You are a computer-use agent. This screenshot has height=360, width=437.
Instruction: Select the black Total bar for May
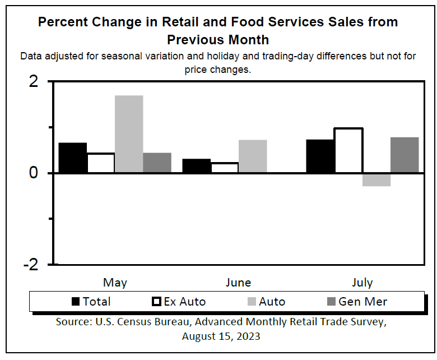73,158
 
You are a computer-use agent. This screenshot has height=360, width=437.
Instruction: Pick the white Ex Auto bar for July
348,150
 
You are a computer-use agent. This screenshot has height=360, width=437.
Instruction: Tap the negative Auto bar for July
376,179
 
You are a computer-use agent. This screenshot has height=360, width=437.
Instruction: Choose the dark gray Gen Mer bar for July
405,155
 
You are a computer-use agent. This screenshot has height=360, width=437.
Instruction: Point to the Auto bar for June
253,156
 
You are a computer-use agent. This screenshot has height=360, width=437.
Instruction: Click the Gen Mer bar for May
157,163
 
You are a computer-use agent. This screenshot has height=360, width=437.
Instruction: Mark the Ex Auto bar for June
225,167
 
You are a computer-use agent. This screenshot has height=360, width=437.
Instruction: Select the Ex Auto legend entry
179,301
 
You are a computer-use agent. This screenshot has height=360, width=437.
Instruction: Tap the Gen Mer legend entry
356,301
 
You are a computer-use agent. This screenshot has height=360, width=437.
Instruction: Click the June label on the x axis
238,282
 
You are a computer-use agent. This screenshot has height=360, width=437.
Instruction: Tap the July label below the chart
362,282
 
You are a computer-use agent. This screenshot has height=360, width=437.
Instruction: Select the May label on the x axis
115,282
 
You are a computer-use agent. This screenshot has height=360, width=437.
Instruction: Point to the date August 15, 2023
221,336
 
